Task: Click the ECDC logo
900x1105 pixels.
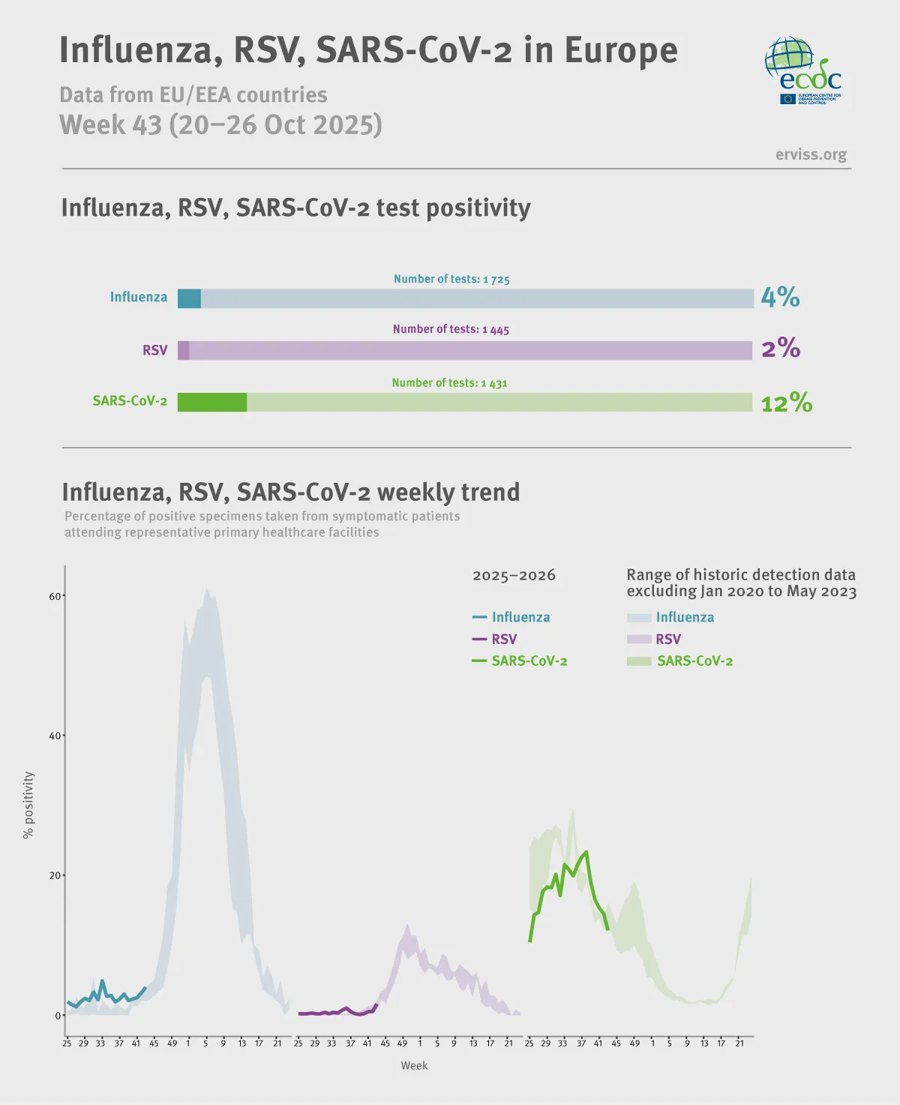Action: [802, 70]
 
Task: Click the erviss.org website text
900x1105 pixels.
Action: [811, 154]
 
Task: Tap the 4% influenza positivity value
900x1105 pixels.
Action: [780, 298]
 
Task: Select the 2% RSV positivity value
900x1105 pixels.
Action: [781, 349]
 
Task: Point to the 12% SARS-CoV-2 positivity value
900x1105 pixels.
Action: [786, 403]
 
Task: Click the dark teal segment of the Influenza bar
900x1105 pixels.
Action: [189, 298]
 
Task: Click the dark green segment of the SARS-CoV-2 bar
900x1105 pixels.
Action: [212, 403]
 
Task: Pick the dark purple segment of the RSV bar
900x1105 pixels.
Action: [183, 350]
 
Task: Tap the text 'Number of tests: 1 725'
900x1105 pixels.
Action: [451, 279]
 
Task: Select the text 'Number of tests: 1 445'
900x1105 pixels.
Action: [451, 329]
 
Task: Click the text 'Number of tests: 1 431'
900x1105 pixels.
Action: [449, 383]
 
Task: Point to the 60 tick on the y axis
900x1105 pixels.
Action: [55, 596]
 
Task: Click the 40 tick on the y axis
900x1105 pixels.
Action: [55, 735]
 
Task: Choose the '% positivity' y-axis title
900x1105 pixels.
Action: [28, 805]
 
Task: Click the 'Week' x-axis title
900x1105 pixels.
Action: [414, 1065]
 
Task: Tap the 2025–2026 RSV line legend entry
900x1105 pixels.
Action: [495, 639]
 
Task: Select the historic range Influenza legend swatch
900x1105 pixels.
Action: [639, 618]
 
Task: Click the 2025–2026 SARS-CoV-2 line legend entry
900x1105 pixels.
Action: [519, 661]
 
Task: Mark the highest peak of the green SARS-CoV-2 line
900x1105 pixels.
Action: [586, 852]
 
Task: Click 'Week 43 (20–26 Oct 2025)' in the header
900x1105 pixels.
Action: [220, 124]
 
